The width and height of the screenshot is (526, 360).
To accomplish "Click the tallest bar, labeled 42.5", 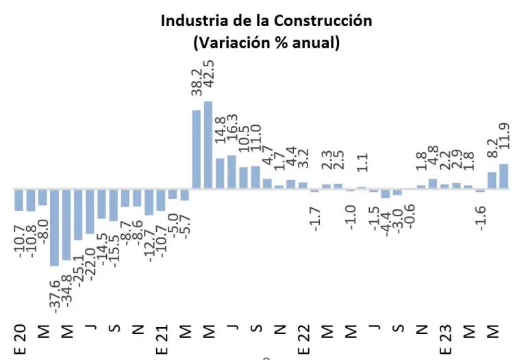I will [208, 144].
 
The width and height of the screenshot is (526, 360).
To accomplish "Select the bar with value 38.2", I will [197, 149].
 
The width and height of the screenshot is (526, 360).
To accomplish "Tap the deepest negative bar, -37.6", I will [54, 227].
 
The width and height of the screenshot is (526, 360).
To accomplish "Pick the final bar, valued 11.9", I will [504, 176].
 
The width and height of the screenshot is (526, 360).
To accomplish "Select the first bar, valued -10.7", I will [18, 199].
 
